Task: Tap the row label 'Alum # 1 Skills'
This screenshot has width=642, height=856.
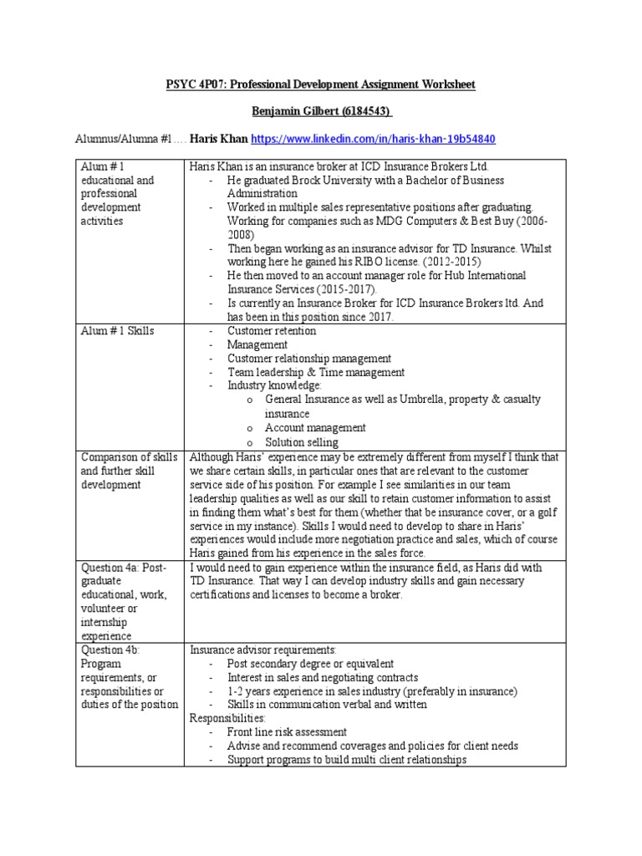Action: click(x=117, y=331)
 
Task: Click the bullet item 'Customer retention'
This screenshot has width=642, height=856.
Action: click(x=272, y=331)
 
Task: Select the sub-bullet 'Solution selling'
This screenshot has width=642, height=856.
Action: click(x=302, y=441)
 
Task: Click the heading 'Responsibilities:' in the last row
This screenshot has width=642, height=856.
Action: click(x=227, y=718)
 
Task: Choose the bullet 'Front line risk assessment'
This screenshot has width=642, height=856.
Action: click(x=287, y=731)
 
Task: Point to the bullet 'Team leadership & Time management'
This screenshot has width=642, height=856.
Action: click(x=316, y=372)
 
